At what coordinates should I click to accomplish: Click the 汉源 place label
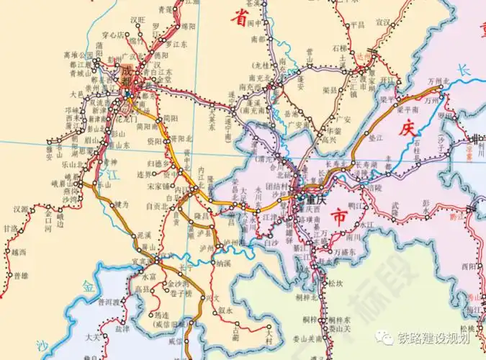[21, 210]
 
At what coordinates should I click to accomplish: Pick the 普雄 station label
[21, 276]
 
